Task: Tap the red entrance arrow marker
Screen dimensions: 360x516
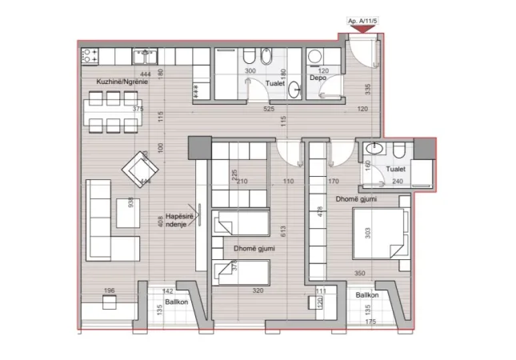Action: [362, 30]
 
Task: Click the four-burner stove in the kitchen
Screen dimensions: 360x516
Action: [90, 56]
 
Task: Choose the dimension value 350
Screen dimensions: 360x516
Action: [361, 274]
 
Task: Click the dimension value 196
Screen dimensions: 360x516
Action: [111, 291]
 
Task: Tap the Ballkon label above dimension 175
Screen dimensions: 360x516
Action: [368, 296]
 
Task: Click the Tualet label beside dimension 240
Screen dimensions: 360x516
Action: [395, 170]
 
